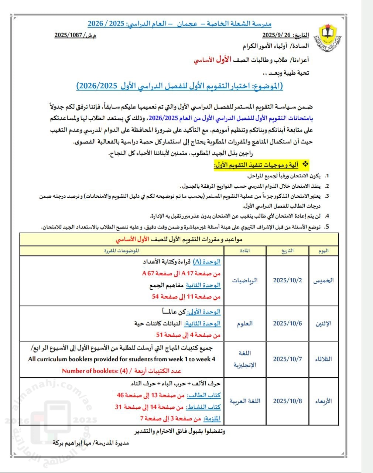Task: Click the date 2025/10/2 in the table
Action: point(287,280)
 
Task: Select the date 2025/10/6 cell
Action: point(287,323)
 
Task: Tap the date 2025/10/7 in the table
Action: point(287,359)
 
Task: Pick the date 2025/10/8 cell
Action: point(287,401)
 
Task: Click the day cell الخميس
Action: point(324,280)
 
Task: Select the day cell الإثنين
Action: point(324,323)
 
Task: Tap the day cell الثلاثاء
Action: point(324,359)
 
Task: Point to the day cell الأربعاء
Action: point(324,401)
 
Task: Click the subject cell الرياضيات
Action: point(245,280)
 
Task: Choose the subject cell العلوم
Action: point(245,323)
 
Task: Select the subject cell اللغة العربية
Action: point(245,401)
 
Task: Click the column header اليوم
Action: point(324,251)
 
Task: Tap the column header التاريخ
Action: point(287,251)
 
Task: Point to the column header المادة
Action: point(245,251)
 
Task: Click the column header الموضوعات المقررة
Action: point(122,251)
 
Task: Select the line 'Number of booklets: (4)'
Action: point(122,371)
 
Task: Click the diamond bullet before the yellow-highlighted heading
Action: point(305,163)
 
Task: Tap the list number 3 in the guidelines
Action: point(327,196)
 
